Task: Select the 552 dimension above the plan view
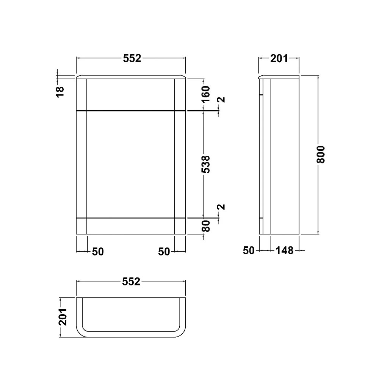point(131,282)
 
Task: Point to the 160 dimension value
point(205,94)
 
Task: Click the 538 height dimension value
point(205,164)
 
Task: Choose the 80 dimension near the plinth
point(205,226)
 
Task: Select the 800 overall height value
point(321,154)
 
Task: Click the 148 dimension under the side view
point(285,251)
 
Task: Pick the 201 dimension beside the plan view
point(63,316)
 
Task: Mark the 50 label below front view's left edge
point(98,251)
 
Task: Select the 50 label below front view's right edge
point(164,251)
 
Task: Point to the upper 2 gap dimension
point(222,100)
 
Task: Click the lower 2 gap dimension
point(222,207)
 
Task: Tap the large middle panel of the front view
point(131,164)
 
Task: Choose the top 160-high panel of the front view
point(131,95)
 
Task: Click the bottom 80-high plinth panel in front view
point(131,226)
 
